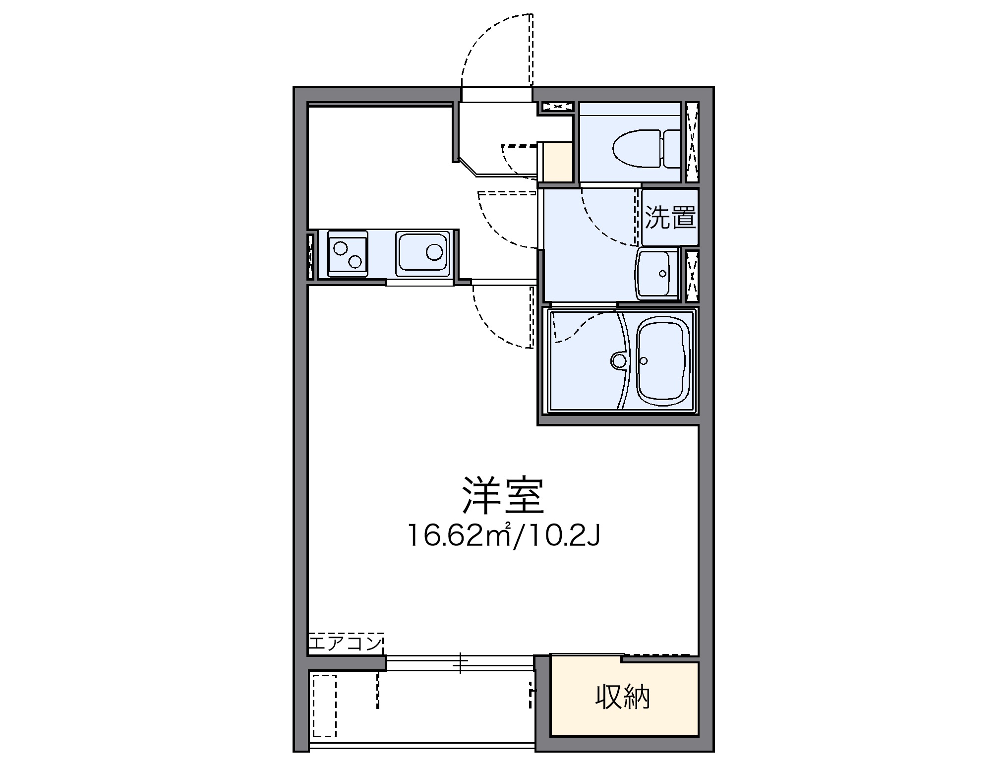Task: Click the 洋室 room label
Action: [503, 495]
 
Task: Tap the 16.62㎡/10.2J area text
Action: [503, 535]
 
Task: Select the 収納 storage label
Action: [623, 698]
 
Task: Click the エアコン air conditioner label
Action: [345, 644]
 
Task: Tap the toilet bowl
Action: [637, 148]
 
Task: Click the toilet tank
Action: [671, 148]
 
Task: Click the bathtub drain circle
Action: [645, 360]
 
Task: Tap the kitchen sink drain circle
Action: [434, 252]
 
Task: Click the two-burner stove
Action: [348, 253]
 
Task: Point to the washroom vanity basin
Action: [657, 274]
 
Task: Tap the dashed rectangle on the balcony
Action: [324, 711]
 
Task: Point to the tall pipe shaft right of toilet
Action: [692, 142]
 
